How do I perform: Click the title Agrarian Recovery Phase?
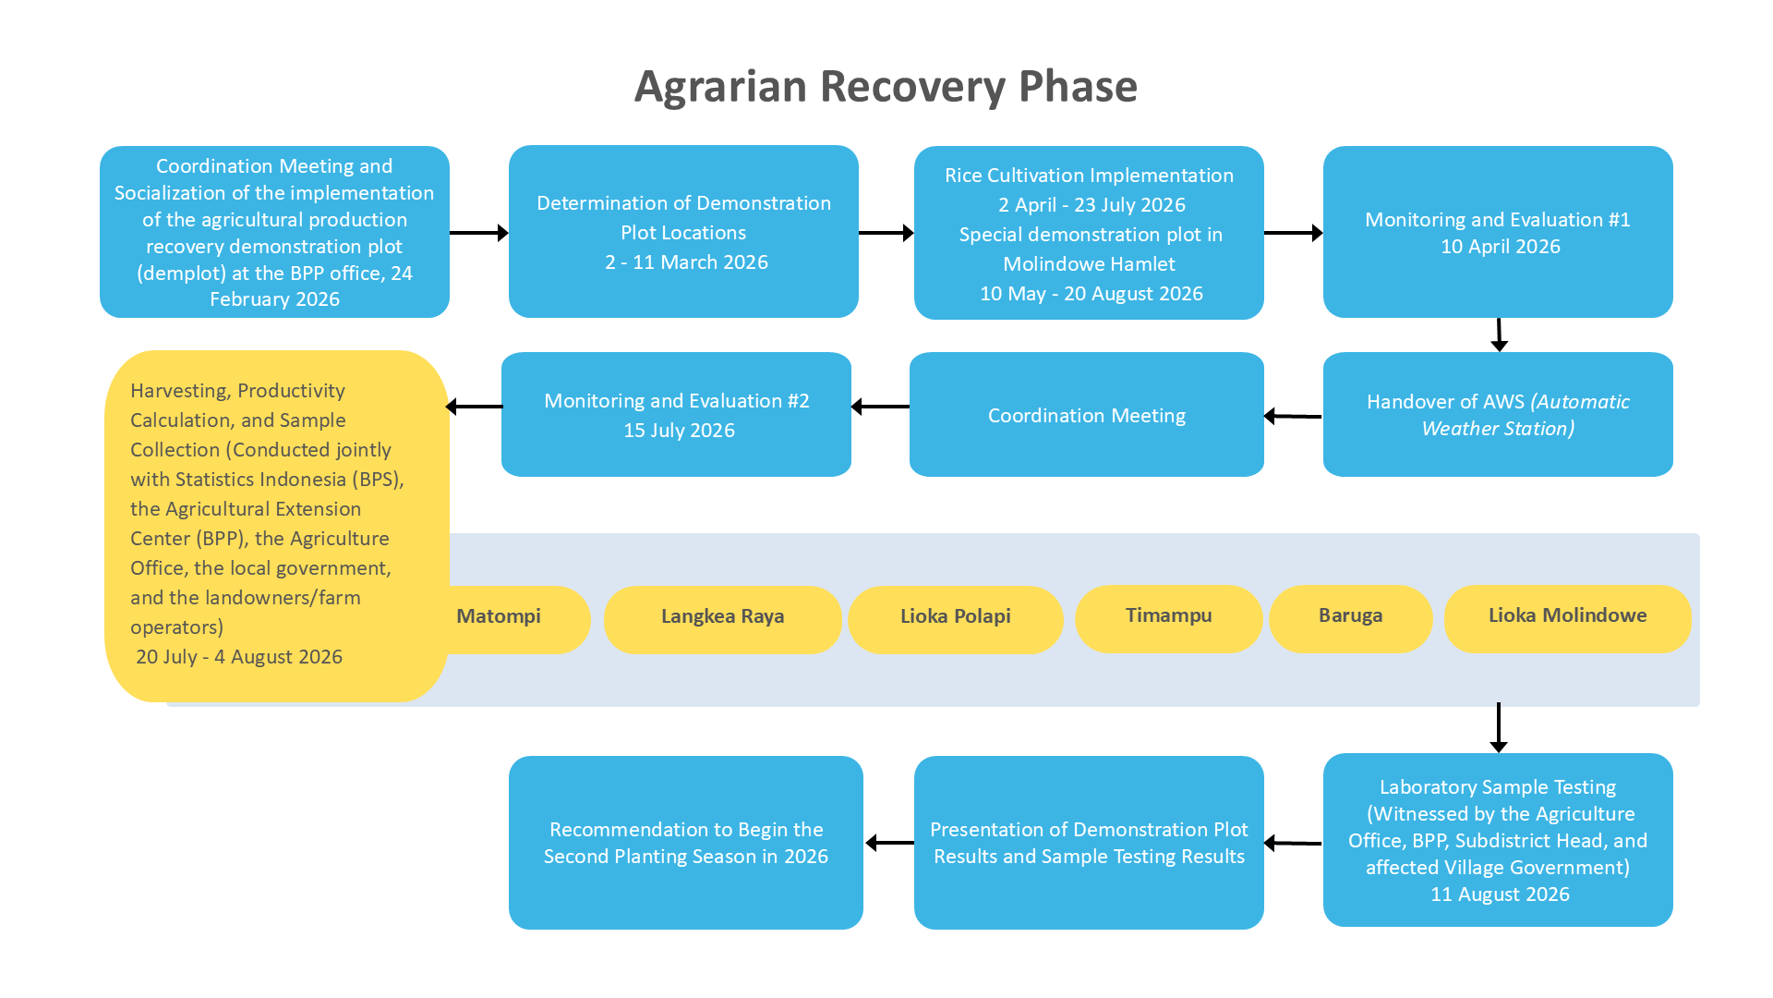(x=886, y=87)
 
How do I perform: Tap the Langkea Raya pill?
(x=722, y=619)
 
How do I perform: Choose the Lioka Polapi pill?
(x=956, y=619)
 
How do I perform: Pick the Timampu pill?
(x=1168, y=619)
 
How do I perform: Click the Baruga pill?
(x=1350, y=619)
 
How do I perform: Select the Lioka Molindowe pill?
(x=1567, y=619)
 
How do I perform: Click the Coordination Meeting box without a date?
(x=1087, y=415)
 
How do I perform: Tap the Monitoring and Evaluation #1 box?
(x=1498, y=232)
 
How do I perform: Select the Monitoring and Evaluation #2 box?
(x=676, y=415)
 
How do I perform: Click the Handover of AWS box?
(x=1498, y=415)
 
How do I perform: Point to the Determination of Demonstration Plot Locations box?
(x=683, y=232)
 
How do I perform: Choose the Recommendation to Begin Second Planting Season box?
(x=686, y=843)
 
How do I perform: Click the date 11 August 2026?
(x=1500, y=895)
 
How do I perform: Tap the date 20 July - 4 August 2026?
(x=239, y=657)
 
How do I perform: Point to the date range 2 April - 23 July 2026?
(x=1092, y=205)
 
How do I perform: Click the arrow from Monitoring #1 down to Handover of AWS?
(x=1499, y=335)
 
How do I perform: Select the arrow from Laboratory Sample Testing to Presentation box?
(x=1293, y=843)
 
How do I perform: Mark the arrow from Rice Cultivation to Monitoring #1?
(x=1294, y=233)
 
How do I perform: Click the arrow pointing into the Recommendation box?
(x=889, y=843)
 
